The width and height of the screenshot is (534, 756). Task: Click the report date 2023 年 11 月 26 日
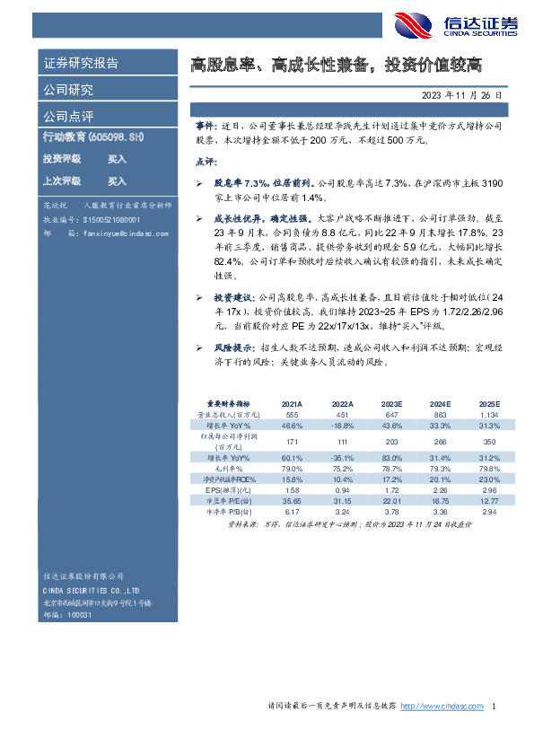[461, 94]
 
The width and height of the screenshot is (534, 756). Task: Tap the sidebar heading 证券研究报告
[81, 64]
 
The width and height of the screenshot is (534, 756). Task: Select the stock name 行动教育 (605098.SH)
[93, 136]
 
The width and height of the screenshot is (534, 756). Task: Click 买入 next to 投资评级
[117, 158]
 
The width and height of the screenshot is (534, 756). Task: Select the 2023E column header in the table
[391, 405]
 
